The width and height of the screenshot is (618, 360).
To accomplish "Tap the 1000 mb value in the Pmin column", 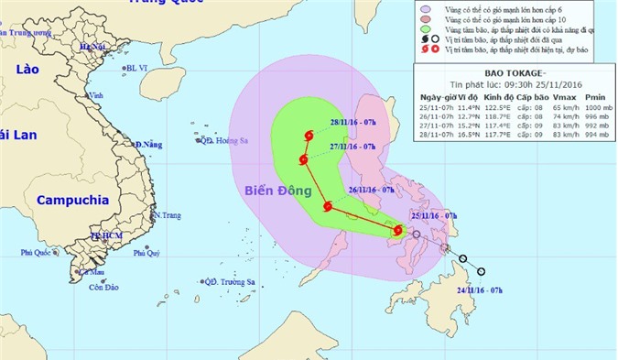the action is [x=596, y=107].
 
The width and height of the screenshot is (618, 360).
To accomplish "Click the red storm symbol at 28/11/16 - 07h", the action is [x=309, y=136].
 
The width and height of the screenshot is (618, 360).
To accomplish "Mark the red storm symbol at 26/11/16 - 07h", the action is [x=328, y=206].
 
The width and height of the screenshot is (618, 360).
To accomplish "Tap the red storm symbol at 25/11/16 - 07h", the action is [x=397, y=231].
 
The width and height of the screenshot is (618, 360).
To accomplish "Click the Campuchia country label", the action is [x=73, y=199].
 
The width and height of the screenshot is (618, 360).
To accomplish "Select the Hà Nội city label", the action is [x=92, y=48].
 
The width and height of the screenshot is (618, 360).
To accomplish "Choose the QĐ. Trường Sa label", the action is [x=228, y=282].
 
